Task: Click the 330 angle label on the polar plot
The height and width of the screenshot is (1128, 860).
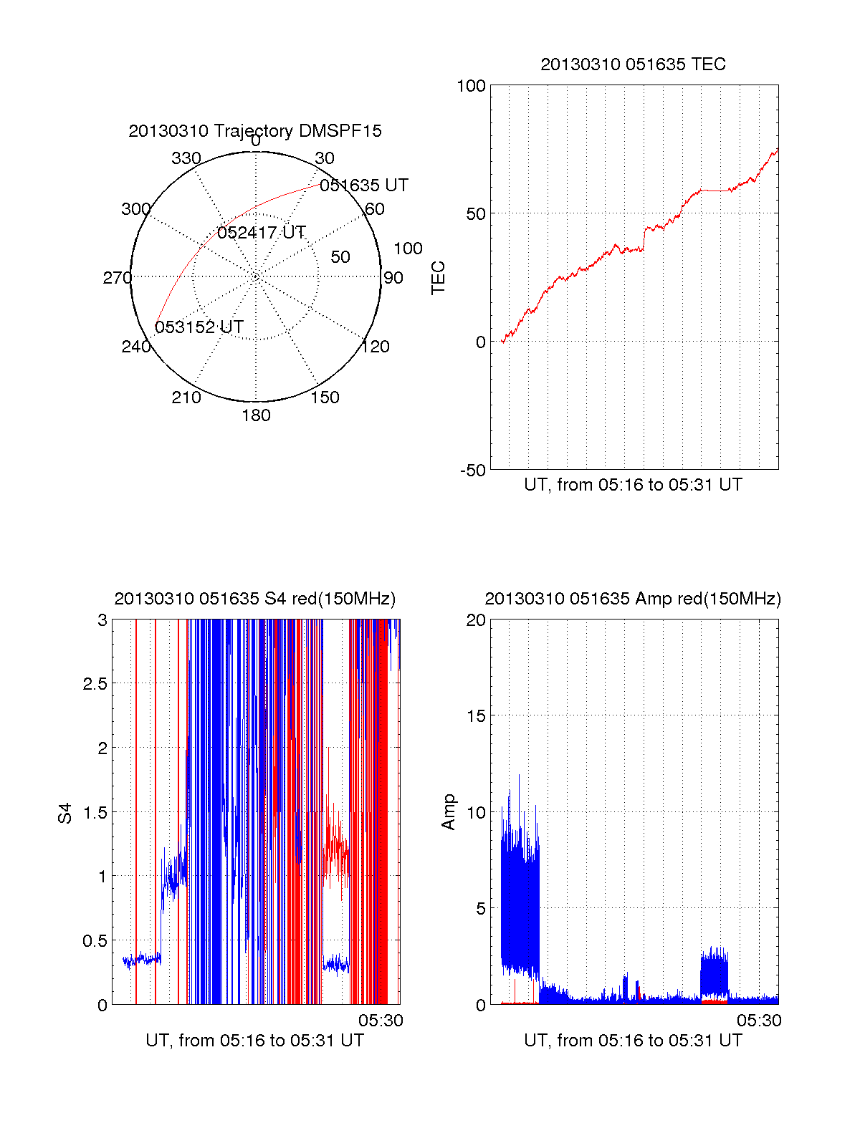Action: tap(186, 158)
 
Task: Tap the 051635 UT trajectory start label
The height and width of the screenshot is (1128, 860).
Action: tap(364, 185)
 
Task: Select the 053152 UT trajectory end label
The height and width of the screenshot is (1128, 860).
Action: tap(199, 327)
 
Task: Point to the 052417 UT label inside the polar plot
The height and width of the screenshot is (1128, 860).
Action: tap(262, 233)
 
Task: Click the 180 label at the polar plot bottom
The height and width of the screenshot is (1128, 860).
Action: tap(256, 415)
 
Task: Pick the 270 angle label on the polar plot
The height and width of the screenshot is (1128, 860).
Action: tap(117, 278)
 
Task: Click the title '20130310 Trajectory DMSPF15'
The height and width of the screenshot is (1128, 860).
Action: tap(255, 131)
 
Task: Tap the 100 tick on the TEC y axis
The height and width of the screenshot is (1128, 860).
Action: tap(471, 86)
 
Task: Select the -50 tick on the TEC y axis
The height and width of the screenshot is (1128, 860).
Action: tap(472, 471)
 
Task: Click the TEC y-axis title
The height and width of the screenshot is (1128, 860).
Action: tap(438, 278)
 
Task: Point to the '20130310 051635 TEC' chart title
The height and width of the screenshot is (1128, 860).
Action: tap(633, 64)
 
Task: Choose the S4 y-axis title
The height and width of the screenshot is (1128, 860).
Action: tap(65, 813)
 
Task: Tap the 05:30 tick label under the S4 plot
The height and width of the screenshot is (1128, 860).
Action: tap(381, 1021)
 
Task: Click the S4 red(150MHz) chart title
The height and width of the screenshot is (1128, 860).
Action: tap(255, 599)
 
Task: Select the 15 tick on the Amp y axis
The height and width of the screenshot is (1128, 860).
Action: tap(476, 716)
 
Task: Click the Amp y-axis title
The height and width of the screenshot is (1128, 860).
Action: tap(449, 812)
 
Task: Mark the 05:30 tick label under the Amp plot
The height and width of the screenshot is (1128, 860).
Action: tap(759, 1021)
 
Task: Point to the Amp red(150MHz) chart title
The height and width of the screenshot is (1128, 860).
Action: tap(633, 599)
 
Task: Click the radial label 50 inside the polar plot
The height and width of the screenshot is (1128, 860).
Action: tap(340, 257)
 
